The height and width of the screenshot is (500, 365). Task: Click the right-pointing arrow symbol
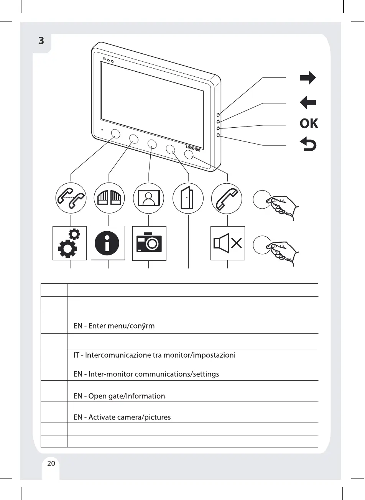click(308, 78)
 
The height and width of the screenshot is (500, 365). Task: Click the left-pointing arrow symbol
click(308, 102)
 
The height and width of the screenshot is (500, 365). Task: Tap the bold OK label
click(309, 123)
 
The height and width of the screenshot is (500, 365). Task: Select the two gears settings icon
click(69, 243)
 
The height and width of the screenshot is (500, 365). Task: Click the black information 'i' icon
click(108, 243)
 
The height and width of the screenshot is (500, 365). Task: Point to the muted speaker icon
click(228, 243)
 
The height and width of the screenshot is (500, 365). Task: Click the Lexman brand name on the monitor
click(193, 148)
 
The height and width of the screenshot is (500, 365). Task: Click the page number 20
click(51, 464)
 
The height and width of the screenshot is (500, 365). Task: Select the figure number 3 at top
click(41, 40)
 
